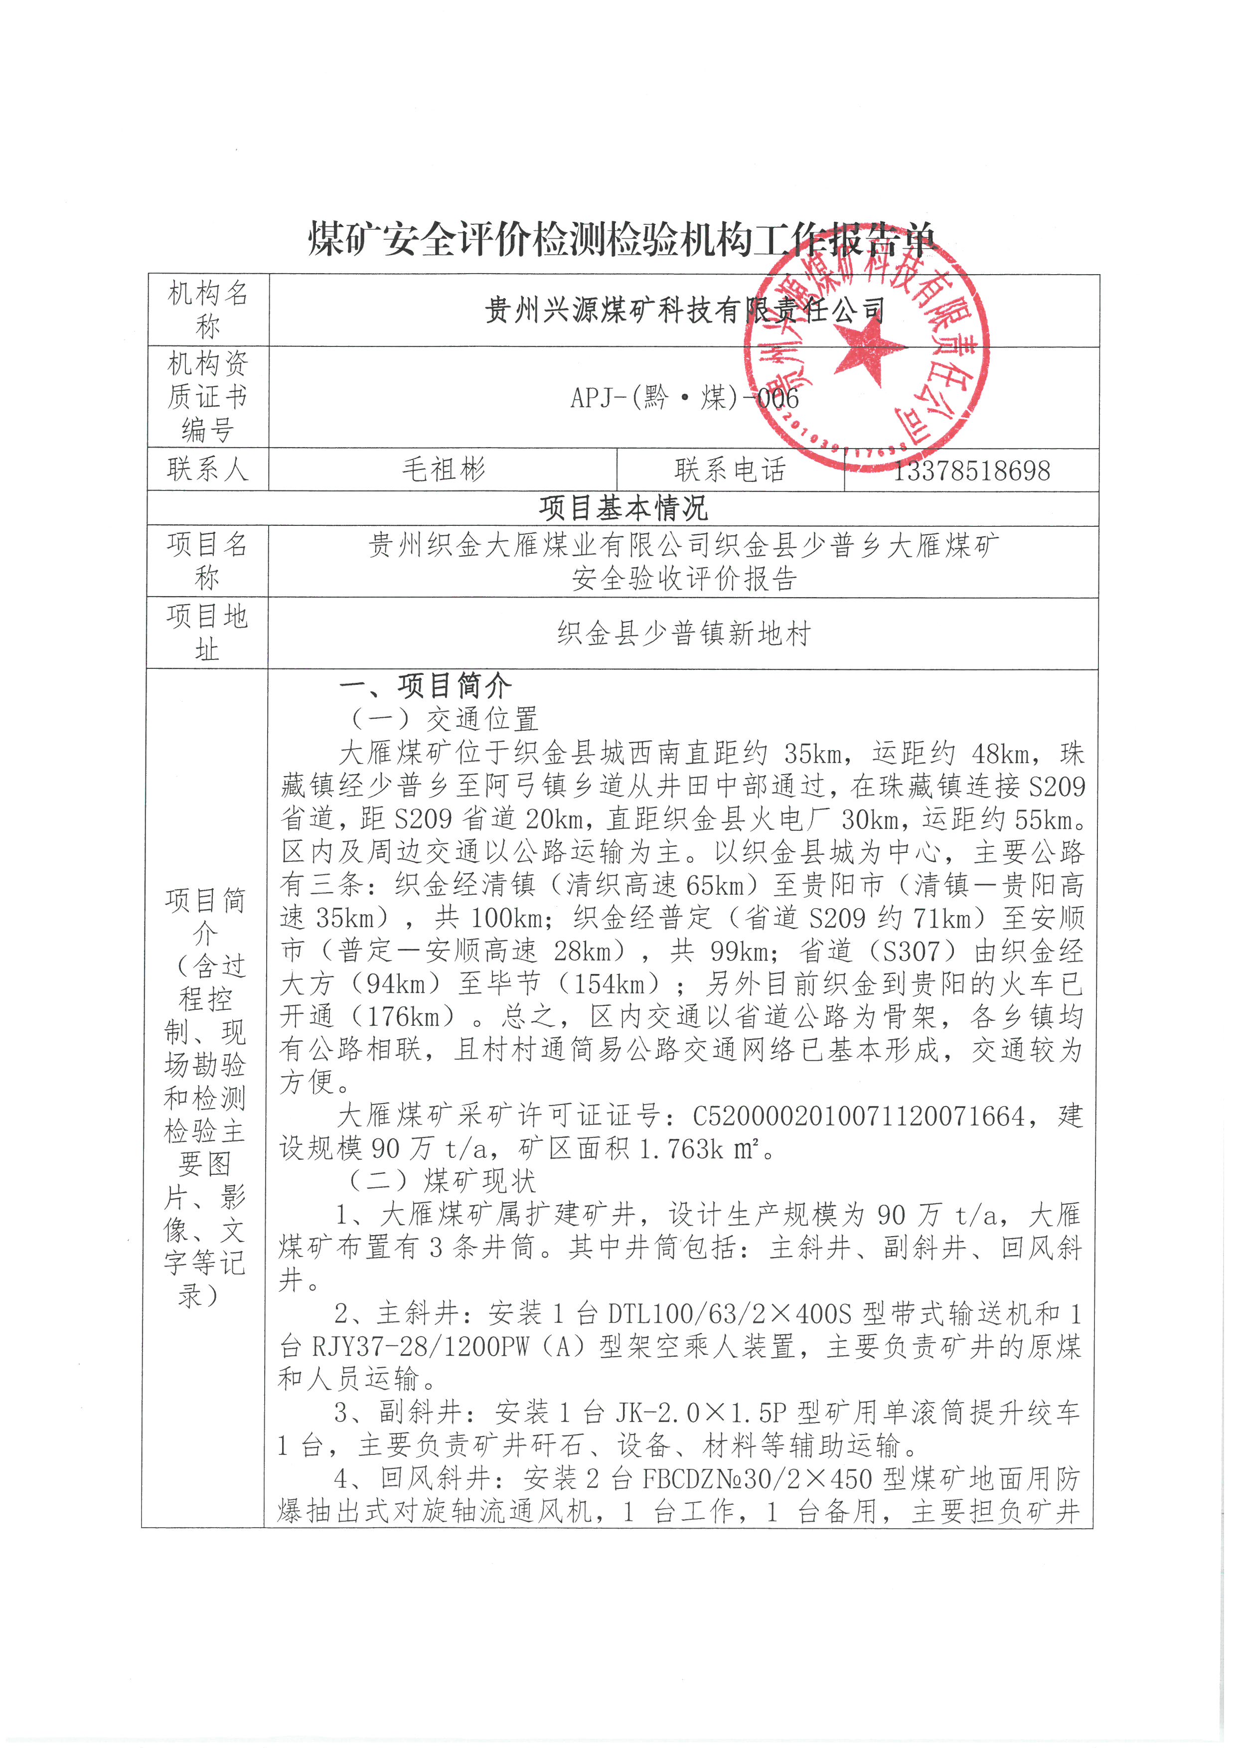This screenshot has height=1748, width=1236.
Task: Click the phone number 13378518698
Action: [971, 471]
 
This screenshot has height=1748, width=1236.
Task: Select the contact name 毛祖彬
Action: [443, 470]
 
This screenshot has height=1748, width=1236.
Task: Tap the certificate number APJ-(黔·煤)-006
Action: [684, 397]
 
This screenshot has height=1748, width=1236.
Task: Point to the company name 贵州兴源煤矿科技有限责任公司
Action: [684, 310]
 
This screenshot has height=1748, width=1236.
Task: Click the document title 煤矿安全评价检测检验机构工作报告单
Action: [621, 241]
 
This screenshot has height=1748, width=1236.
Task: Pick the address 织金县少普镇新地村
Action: [684, 634]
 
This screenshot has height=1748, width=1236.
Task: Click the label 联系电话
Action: [730, 470]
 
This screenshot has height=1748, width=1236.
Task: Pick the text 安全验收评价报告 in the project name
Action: [684, 579]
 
